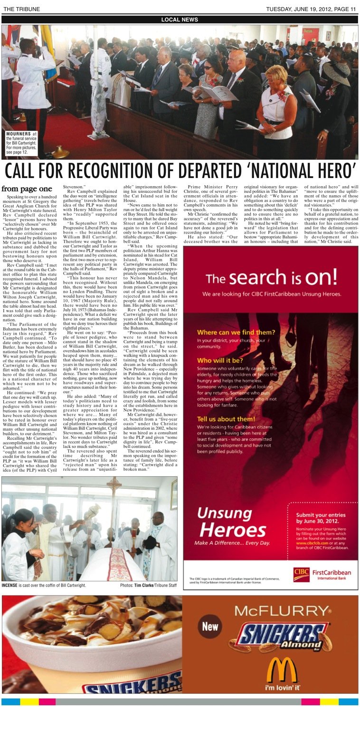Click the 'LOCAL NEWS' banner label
click(180, 19)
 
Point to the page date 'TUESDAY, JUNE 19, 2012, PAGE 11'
click(311, 9)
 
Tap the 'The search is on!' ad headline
click(271, 277)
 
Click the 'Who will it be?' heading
click(218, 360)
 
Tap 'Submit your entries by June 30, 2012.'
click(320, 518)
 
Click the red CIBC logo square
click(301, 574)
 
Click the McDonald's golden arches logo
click(282, 671)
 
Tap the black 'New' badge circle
click(210, 626)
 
